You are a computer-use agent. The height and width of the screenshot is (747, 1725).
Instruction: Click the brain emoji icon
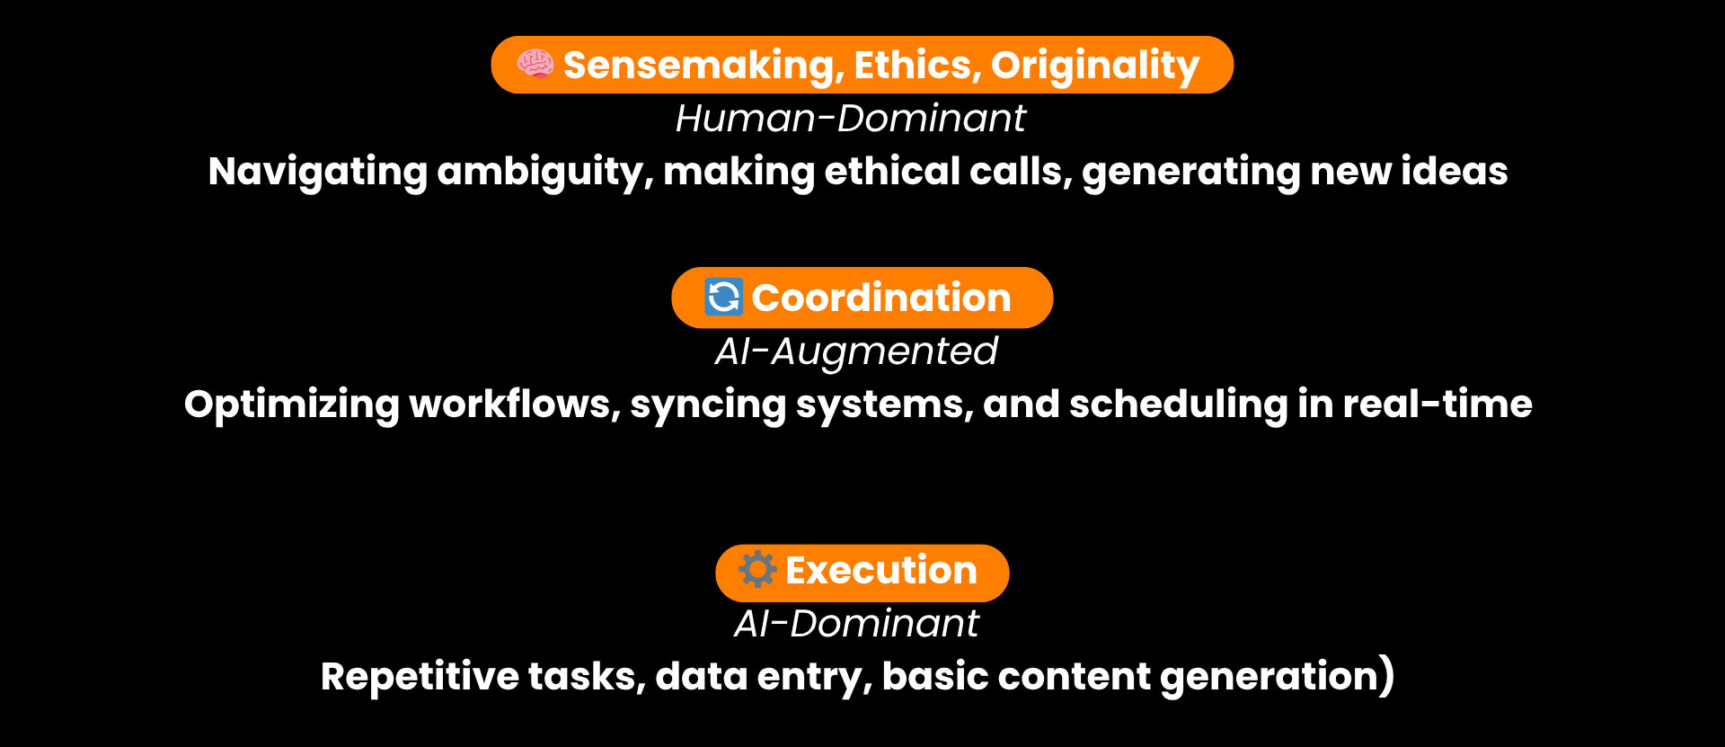click(535, 64)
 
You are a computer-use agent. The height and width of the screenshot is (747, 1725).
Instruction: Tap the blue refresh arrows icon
click(723, 297)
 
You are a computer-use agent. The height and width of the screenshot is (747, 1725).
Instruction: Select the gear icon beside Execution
click(757, 569)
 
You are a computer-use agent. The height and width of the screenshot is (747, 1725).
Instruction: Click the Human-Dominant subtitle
click(850, 119)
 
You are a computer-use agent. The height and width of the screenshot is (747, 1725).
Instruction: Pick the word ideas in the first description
click(1455, 171)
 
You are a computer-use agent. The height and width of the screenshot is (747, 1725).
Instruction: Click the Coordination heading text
click(881, 298)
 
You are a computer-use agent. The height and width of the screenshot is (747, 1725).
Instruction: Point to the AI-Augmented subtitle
click(856, 351)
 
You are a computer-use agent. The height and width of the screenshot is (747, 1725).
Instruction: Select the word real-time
click(1437, 405)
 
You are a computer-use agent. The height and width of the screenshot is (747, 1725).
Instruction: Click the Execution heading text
click(881, 571)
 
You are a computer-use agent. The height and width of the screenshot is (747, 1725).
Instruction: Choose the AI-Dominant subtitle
click(856, 624)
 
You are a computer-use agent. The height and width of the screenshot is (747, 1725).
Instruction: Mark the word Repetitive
click(420, 677)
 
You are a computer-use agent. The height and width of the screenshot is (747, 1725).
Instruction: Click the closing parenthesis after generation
click(1387, 676)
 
